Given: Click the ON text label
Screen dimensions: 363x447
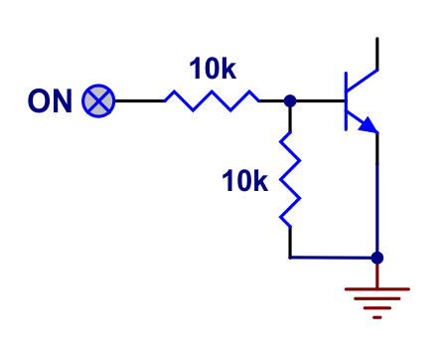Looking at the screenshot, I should [x=50, y=100].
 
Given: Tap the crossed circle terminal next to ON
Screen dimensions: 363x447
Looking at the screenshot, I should [x=98, y=100].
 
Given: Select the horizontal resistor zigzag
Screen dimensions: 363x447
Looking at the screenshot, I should [x=211, y=99].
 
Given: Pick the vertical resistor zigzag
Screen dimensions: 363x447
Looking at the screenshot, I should [x=290, y=179].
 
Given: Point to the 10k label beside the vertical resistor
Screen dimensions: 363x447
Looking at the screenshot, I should [x=244, y=181].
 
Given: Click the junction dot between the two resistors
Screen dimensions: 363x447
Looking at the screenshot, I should [x=290, y=100].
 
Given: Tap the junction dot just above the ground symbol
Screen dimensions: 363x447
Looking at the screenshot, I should [x=376, y=258].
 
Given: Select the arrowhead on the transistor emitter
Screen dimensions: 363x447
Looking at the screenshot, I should [x=369, y=124].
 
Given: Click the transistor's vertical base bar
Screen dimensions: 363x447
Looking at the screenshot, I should [x=345, y=100].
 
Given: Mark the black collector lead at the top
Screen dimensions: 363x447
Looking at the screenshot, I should [x=377, y=53].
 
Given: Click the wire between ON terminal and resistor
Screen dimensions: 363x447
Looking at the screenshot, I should [x=139, y=100].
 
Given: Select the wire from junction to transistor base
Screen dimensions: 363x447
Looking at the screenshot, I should [x=318, y=100].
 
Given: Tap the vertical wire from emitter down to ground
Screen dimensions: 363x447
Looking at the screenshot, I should [x=377, y=199].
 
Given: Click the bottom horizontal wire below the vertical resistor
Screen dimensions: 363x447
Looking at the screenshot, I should [x=333, y=258].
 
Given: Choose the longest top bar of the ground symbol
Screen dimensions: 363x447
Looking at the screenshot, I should [x=376, y=289].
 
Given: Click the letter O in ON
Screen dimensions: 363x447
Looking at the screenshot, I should [x=39, y=100].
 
